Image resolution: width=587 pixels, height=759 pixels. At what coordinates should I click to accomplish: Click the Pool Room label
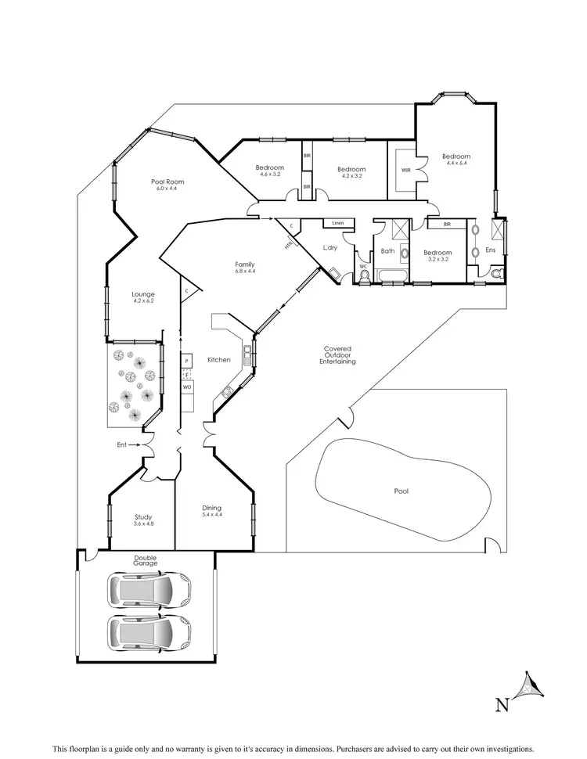(167, 182)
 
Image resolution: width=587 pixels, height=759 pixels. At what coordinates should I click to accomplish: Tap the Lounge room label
(143, 294)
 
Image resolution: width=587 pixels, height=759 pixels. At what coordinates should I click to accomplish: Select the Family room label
(245, 264)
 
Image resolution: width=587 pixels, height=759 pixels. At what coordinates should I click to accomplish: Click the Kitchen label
(218, 360)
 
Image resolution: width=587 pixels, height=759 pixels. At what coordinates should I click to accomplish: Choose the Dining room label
(211, 509)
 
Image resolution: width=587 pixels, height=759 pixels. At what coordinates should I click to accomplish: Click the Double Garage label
(145, 560)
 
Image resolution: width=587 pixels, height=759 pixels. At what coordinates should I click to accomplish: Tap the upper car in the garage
(150, 590)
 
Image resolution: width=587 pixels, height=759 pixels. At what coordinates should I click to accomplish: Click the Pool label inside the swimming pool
(402, 491)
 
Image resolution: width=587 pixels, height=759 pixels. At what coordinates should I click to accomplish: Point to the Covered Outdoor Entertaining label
(339, 355)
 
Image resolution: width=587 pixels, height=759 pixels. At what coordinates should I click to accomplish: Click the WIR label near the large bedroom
(405, 170)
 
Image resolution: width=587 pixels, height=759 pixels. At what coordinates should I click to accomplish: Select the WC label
(363, 266)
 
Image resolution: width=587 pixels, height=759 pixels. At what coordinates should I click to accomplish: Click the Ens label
(491, 250)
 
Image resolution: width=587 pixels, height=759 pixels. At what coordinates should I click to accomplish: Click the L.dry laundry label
(330, 248)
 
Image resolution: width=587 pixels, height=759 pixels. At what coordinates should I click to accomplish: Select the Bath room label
(387, 251)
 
